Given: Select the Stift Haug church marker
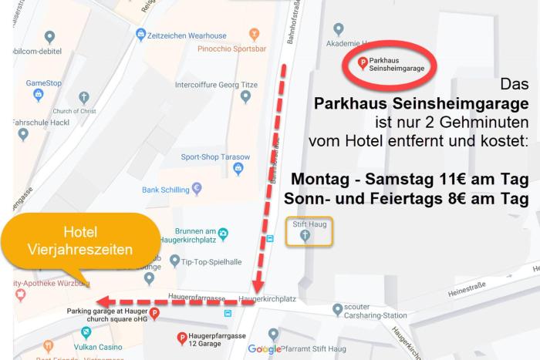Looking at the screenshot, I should (x=305, y=234).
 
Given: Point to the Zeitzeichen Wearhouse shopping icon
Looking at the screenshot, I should (x=141, y=34).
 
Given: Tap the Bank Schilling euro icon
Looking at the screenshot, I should (x=197, y=188).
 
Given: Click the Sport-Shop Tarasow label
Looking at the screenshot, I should (x=207, y=156).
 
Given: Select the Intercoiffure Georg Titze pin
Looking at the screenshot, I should (x=246, y=97).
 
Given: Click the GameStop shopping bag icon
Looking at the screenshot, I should (x=38, y=95).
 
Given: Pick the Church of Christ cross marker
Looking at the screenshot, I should (x=84, y=97).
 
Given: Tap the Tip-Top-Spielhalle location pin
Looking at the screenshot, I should (x=175, y=260).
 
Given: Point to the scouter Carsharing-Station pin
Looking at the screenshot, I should (x=337, y=309).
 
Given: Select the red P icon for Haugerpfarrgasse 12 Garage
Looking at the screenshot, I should (x=182, y=337).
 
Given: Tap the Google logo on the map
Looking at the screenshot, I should (x=265, y=349).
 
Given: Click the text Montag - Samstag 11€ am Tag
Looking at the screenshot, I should (x=410, y=180).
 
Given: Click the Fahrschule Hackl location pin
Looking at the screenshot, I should (x=23, y=134).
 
